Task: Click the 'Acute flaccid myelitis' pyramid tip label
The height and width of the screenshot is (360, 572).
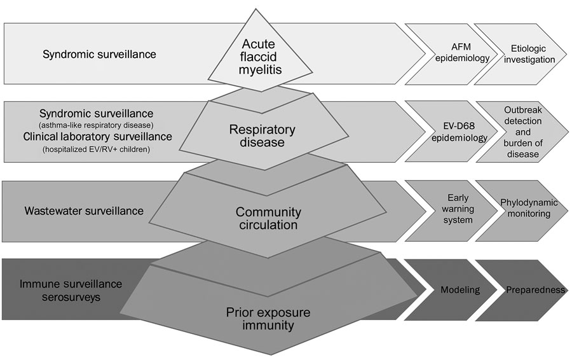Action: (260, 57)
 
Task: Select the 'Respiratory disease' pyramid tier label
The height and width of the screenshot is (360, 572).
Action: (262, 135)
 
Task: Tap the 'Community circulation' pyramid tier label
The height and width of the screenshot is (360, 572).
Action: (268, 218)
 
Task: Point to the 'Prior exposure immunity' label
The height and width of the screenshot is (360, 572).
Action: (268, 319)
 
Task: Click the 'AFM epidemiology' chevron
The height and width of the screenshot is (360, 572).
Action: (453, 53)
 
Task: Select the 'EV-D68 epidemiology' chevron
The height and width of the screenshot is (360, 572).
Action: (453, 132)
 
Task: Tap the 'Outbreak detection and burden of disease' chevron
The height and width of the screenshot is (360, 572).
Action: (522, 132)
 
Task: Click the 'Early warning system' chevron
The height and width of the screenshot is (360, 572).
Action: (453, 211)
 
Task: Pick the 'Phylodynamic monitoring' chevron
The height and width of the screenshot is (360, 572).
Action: (522, 211)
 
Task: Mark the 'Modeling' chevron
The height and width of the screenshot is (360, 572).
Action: (452, 290)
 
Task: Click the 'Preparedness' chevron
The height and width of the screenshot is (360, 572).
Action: (522, 290)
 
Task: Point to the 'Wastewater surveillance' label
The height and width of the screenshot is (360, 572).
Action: (84, 211)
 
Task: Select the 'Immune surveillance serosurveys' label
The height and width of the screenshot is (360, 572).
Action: (71, 290)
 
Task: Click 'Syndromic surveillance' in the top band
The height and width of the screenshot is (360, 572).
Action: (99, 54)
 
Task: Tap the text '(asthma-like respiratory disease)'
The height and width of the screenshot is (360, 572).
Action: (97, 125)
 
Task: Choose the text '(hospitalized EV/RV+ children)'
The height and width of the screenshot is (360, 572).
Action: (97, 149)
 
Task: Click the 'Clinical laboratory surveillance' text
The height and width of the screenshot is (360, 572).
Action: (97, 137)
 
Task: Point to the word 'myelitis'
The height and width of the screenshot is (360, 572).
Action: (260, 70)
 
